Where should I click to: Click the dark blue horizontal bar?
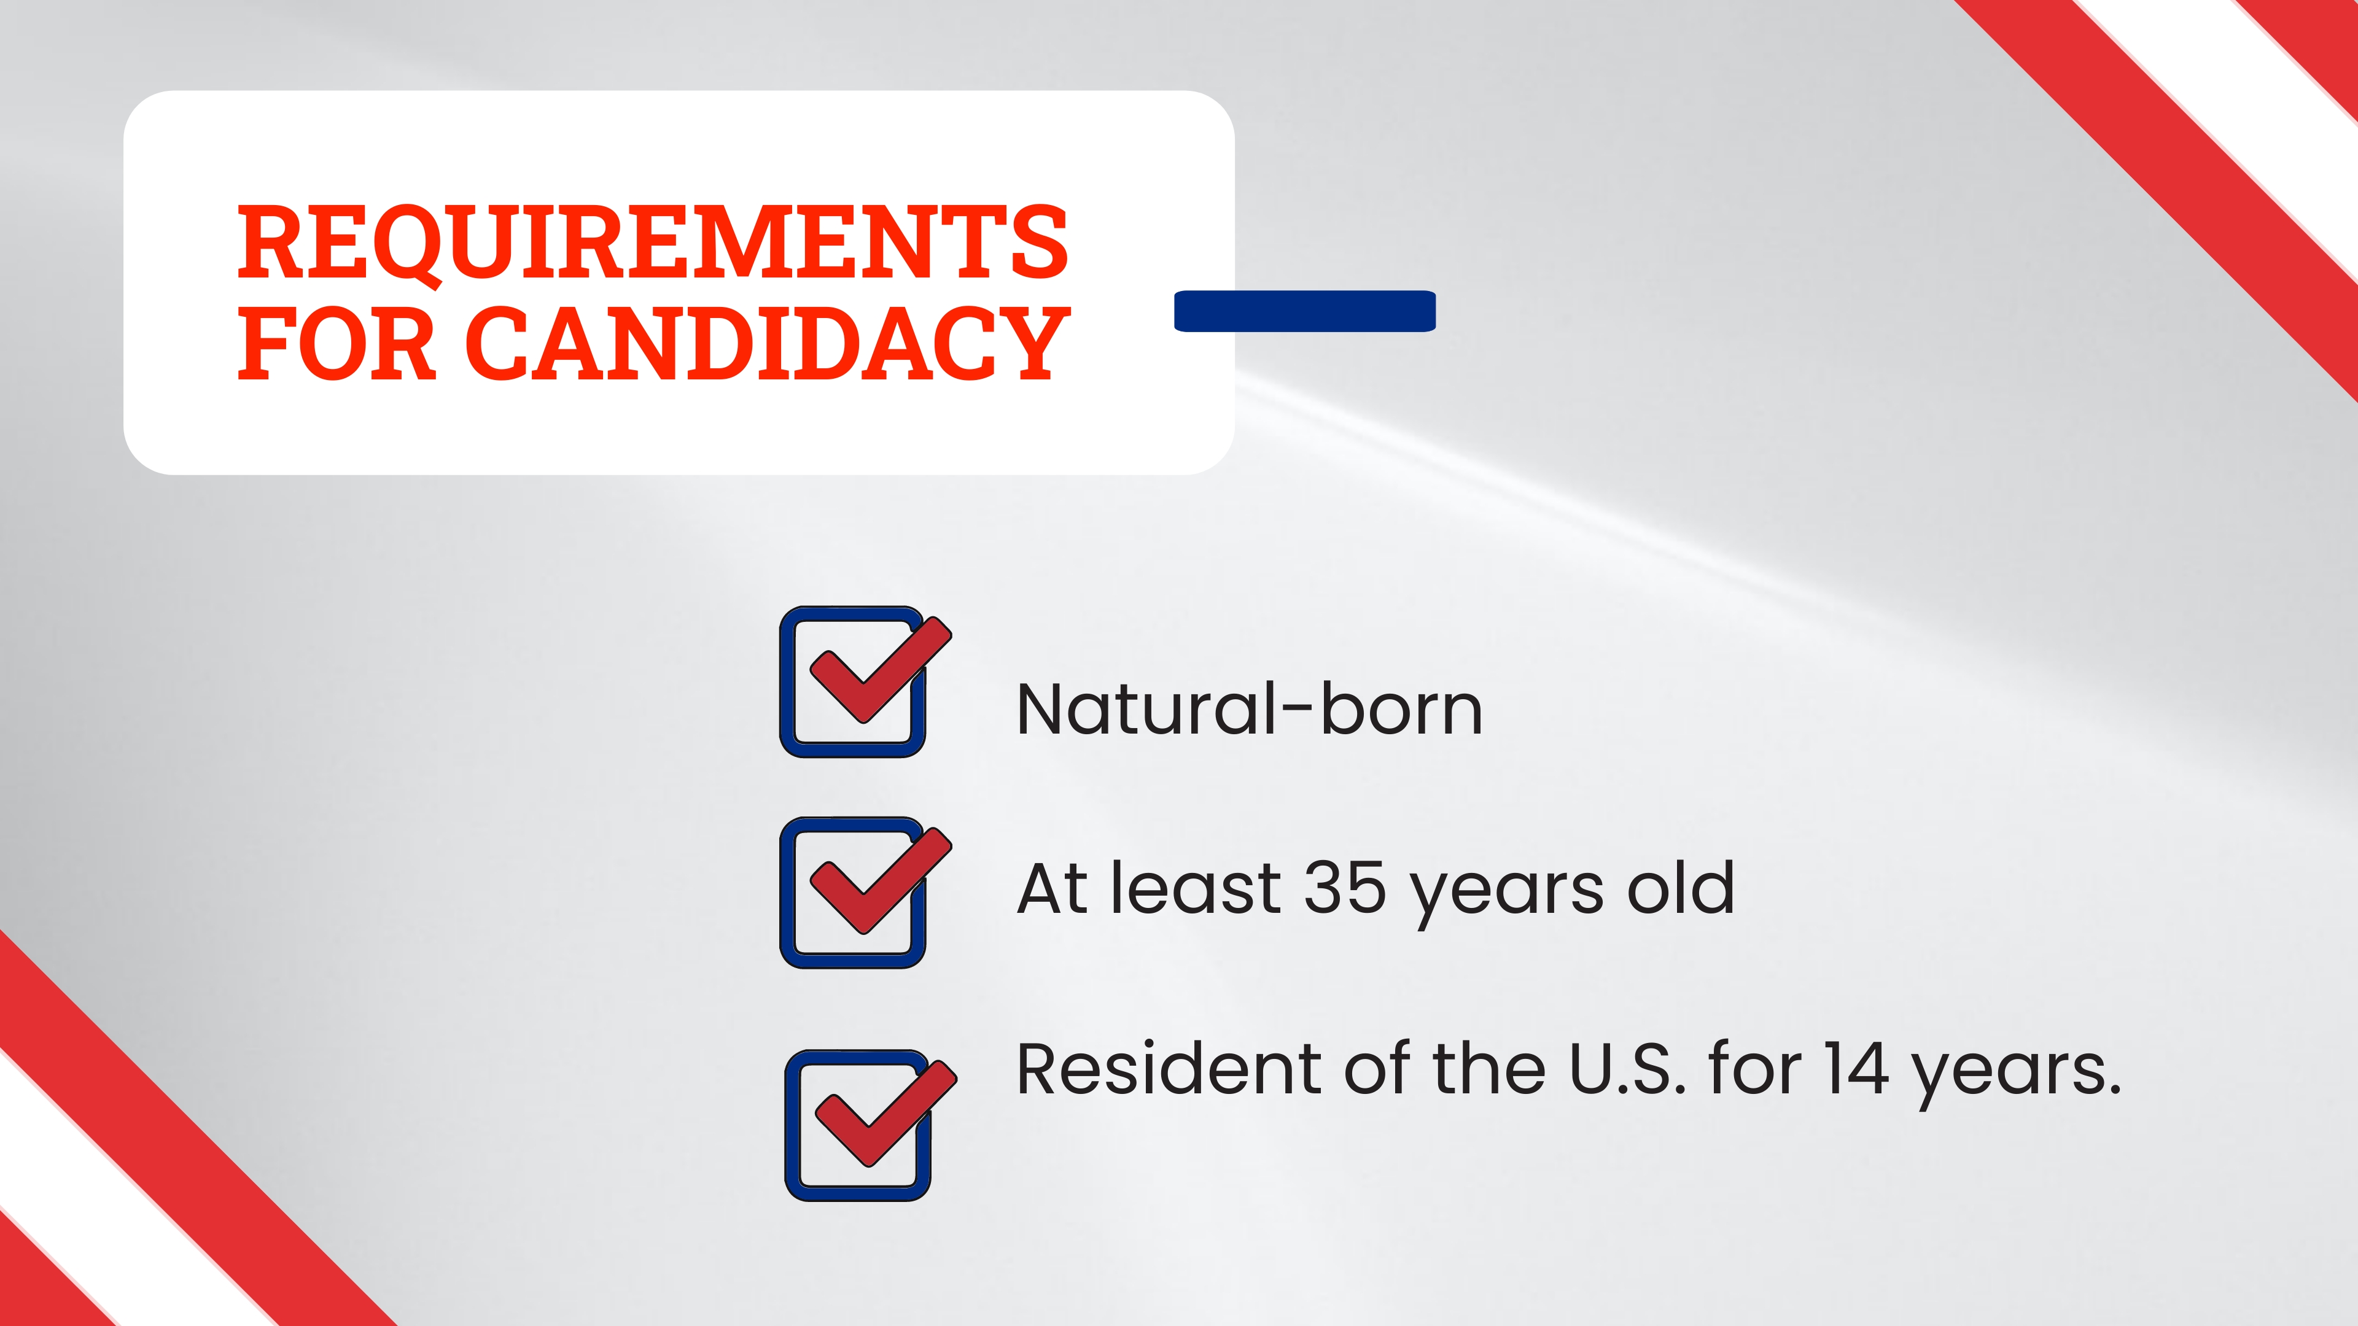point(1304,311)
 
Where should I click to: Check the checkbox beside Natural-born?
point(853,683)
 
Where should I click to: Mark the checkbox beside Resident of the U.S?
point(858,1126)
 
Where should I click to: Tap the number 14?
point(1854,1068)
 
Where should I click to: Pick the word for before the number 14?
point(1754,1068)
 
